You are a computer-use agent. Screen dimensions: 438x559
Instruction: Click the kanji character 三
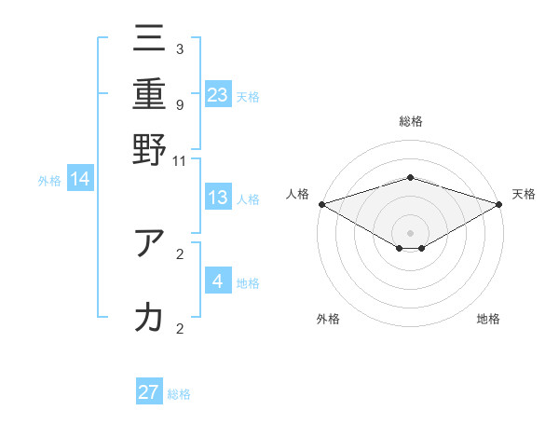tap(149, 42)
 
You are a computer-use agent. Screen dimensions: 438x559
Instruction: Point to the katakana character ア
tap(149, 243)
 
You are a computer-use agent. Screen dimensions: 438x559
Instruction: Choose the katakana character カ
tap(149, 317)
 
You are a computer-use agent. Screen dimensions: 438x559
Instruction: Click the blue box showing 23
tap(217, 95)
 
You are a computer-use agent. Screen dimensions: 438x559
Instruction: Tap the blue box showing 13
tap(217, 198)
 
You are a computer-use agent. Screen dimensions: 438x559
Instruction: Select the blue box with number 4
tap(217, 281)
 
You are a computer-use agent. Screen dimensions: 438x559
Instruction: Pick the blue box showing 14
tap(79, 180)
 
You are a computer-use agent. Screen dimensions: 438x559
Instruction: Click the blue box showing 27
tap(149, 392)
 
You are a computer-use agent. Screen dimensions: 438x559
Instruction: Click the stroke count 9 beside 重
tap(180, 104)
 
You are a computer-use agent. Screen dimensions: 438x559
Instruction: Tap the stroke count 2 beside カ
tap(180, 327)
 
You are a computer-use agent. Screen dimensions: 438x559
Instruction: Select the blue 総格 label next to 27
tap(179, 394)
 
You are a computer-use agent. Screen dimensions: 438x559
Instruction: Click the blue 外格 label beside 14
tap(49, 182)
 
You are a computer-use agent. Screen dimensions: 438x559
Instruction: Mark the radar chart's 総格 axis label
tap(410, 121)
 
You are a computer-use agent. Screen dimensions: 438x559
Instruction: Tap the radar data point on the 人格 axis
tap(321, 204)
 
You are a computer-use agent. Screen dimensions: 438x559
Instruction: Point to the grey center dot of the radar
tap(410, 232)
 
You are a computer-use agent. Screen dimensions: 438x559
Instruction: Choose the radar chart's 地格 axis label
tap(488, 319)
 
